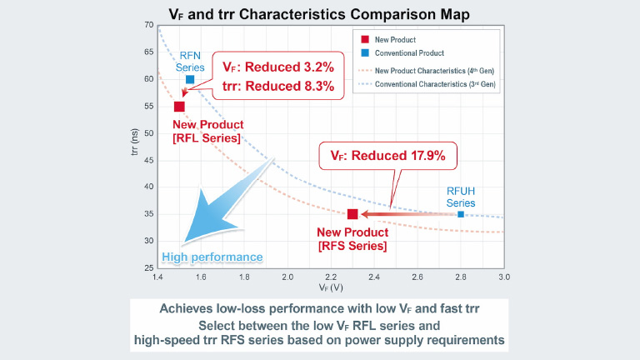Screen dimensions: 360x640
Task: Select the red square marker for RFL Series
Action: [x=179, y=106]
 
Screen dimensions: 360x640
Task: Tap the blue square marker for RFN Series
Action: [x=190, y=79]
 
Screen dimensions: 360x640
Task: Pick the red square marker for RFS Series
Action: [x=352, y=214]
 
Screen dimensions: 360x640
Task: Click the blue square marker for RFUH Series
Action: [x=461, y=214]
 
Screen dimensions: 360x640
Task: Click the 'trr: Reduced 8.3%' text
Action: [x=278, y=86]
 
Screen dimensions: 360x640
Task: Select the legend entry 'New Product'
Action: [x=394, y=39]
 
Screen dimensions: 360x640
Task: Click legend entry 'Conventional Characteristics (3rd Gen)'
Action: [x=435, y=85]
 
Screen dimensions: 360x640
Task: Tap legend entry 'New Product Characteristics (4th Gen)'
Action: [x=432, y=72]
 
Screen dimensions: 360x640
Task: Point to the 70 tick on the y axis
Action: [x=148, y=25]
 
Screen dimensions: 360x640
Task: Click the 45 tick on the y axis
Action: [x=148, y=160]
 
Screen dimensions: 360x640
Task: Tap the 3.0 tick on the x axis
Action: [x=503, y=276]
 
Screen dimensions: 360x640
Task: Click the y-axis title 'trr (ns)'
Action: [x=134, y=146]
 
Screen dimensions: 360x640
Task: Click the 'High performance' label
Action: [x=212, y=257]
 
